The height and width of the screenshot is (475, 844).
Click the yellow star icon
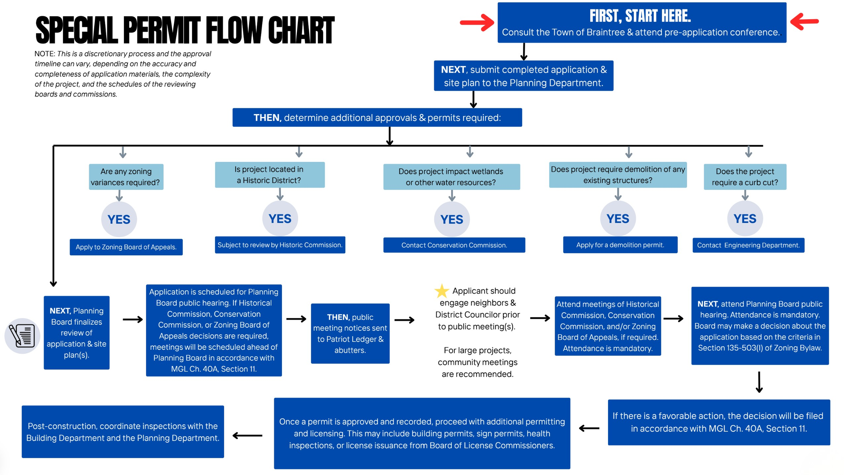click(441, 291)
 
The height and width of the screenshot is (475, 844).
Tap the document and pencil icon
click(22, 336)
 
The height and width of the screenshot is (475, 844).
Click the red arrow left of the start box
click(477, 23)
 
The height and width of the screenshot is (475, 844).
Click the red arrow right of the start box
click(804, 21)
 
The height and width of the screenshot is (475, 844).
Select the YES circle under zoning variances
click(119, 219)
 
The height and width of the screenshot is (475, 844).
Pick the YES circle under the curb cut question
click(745, 219)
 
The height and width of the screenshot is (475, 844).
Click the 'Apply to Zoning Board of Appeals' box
click(126, 247)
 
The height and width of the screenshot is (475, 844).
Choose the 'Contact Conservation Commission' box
click(454, 245)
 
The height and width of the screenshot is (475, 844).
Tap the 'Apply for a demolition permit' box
click(620, 245)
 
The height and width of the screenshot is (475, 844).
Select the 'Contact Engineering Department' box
click(748, 245)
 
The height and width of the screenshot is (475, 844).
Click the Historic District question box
click(270, 175)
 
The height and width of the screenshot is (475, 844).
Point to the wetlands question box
click(451, 177)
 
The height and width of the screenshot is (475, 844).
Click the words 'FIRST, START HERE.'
click(640, 16)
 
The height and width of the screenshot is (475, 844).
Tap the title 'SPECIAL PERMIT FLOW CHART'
click(185, 30)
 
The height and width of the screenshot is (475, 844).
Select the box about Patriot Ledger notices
click(350, 333)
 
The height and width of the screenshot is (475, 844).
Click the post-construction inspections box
click(123, 431)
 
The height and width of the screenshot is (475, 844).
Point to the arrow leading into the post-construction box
click(247, 436)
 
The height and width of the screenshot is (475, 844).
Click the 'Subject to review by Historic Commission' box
click(280, 245)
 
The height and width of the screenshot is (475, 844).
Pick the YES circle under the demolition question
click(618, 219)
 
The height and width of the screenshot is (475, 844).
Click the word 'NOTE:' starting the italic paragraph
click(45, 54)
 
